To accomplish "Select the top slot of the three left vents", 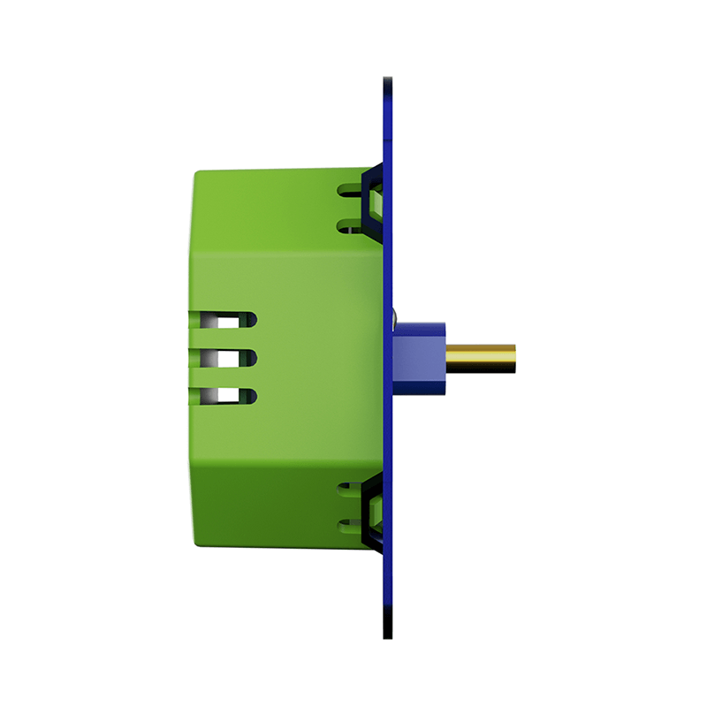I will (x=224, y=319).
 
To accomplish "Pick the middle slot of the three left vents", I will (x=224, y=358).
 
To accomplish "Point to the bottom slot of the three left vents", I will (x=224, y=397).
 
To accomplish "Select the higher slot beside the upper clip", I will (x=348, y=189).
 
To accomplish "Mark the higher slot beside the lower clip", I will (x=348, y=489).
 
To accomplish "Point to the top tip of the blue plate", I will (x=388, y=80).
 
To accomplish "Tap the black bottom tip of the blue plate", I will (x=388, y=633).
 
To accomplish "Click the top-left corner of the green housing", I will (x=195, y=173).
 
